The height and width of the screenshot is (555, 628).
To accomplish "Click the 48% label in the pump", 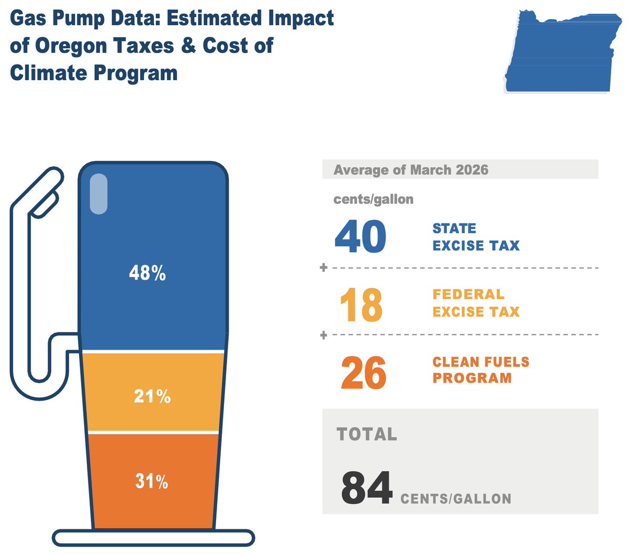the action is coord(147,273).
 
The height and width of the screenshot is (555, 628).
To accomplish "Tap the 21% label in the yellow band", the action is coord(152,396).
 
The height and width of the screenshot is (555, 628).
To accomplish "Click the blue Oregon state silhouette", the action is coord(563,51).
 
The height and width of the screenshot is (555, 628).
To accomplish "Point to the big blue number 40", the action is coord(361,236).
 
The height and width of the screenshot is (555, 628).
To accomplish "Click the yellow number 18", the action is coord(362,304).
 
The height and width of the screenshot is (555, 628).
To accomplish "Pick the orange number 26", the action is coord(364,373).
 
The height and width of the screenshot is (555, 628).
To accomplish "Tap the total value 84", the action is coord(367,487).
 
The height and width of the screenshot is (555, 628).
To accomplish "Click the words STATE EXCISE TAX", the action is coord(476,237).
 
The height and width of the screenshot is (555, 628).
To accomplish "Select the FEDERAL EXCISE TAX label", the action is coord(476,303).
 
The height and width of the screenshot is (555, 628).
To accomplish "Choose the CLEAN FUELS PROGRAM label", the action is coord(481,369).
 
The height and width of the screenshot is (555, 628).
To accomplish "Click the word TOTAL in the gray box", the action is coord(367,434).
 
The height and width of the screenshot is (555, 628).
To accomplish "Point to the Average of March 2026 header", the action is coord(411,170).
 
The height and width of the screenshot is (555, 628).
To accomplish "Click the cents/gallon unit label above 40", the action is coord(373,199).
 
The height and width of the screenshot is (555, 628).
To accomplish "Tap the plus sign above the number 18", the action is coord(323,267).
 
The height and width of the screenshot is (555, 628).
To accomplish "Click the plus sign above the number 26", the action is coord(323,335).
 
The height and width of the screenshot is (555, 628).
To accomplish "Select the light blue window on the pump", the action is coord(98,194).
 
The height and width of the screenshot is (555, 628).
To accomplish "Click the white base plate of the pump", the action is coord(153,538).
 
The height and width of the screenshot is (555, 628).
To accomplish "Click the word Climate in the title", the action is coord(48,73).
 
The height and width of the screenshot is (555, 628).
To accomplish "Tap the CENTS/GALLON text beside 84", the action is coord(456,499).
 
